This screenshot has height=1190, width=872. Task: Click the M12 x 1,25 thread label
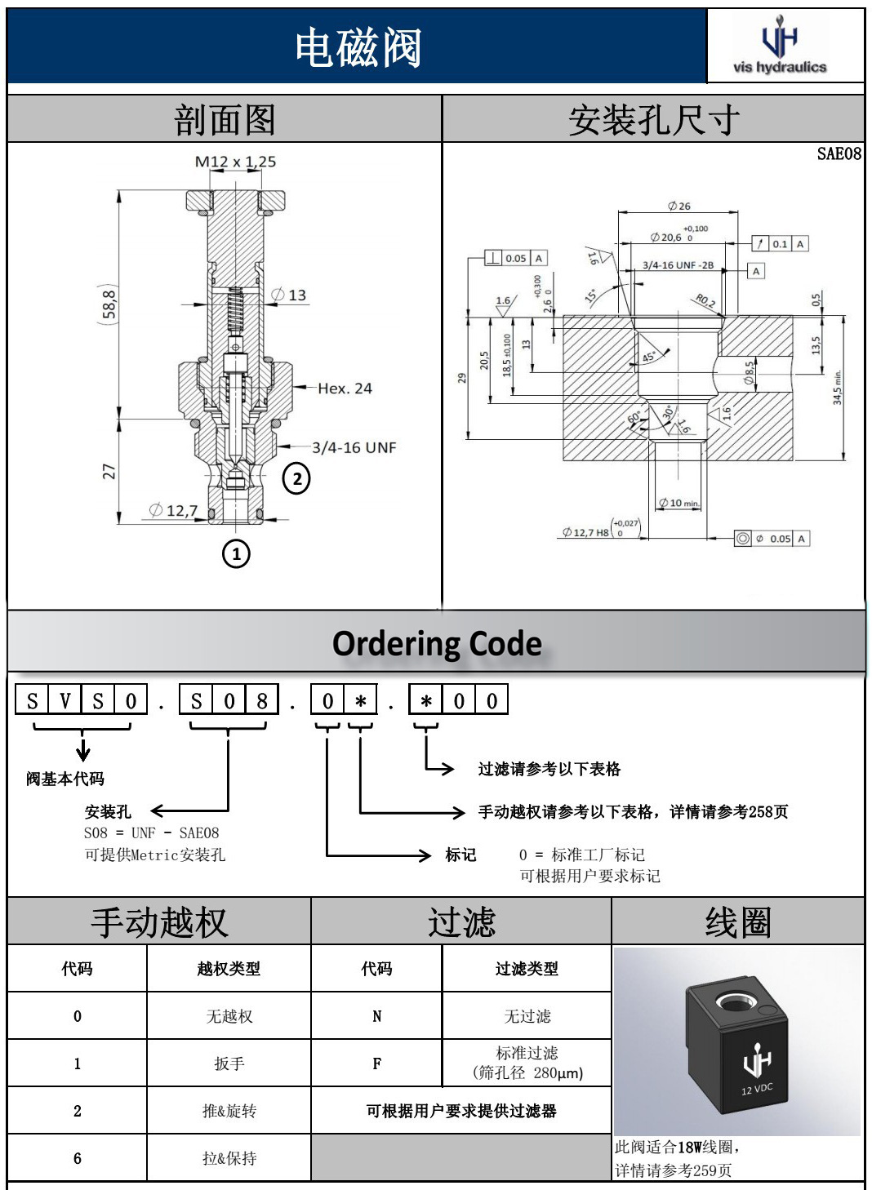click(x=235, y=162)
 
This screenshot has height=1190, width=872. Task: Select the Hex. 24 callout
click(x=345, y=389)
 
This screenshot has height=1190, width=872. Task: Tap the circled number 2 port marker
click(x=296, y=479)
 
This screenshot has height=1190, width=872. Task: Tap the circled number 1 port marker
click(x=236, y=554)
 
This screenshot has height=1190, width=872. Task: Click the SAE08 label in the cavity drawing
click(x=839, y=153)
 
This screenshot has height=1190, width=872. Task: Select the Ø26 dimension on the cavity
click(x=678, y=206)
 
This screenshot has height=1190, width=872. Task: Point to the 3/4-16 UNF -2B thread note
click(x=678, y=265)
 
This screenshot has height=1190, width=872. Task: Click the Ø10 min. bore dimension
click(x=679, y=503)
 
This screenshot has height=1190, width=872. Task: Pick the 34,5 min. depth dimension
click(x=837, y=388)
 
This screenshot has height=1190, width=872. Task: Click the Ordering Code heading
click(x=437, y=644)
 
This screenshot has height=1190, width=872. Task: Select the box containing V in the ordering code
click(x=65, y=701)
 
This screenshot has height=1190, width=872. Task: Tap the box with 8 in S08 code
click(x=261, y=701)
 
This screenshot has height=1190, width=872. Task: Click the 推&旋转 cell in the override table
click(x=229, y=1111)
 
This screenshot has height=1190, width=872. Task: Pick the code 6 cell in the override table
click(x=78, y=1158)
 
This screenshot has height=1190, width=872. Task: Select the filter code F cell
click(x=376, y=1063)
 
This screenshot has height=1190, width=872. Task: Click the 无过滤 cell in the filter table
click(x=527, y=1016)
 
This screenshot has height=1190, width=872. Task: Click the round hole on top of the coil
click(x=731, y=1001)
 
